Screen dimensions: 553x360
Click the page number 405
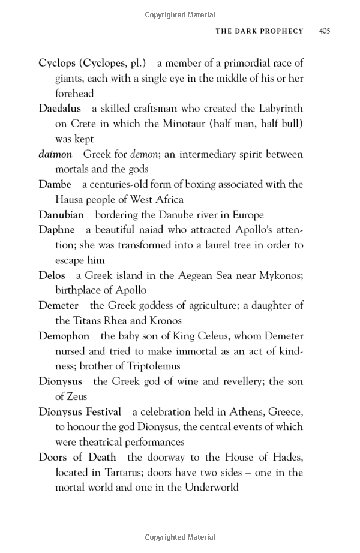325,31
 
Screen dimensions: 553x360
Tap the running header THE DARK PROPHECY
259,31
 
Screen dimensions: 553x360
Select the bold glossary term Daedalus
60,109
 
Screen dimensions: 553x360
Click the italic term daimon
55,154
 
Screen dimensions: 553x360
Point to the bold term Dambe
55,184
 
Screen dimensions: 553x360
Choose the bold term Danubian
61,215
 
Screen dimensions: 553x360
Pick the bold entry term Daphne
56,230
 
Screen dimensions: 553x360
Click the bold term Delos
52,275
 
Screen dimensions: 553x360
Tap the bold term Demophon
64,336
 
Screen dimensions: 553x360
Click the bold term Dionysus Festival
80,411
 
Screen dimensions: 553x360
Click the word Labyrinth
280,109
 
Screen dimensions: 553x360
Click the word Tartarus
125,472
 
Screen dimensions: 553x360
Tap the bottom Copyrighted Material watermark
179,537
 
